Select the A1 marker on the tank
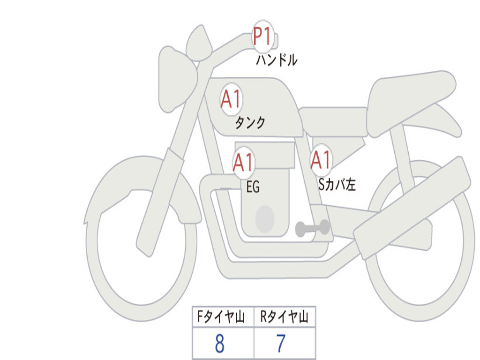(x=231, y=100)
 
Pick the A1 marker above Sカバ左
(x=322, y=160)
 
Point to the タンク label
(x=250, y=123)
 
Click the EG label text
(x=253, y=187)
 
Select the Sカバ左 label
(x=337, y=185)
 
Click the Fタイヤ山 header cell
(x=223, y=317)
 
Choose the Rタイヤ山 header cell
(x=285, y=317)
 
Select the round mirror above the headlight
(x=199, y=44)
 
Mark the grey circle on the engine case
(x=265, y=219)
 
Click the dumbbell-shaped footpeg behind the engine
(x=312, y=228)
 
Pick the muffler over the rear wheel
(x=412, y=206)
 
